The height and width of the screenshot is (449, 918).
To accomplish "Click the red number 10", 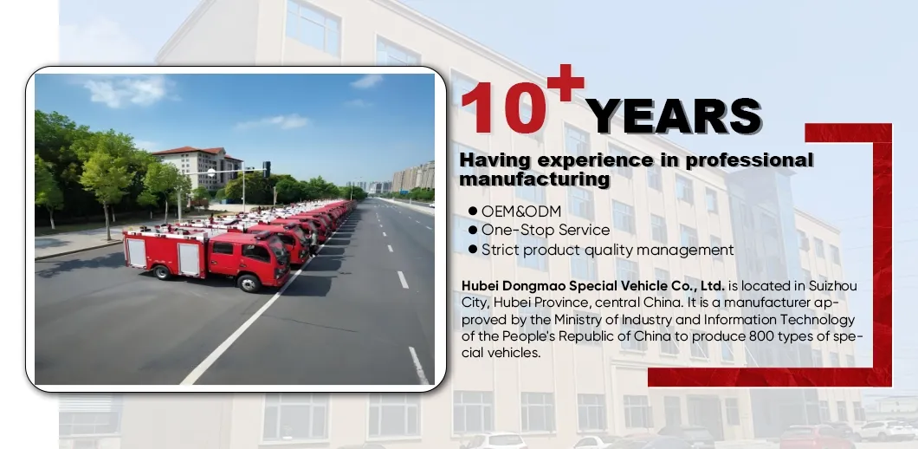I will (x=504, y=111).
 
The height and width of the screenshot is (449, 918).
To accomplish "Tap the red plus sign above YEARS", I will (x=564, y=84).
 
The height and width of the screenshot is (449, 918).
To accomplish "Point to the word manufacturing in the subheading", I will (x=534, y=179).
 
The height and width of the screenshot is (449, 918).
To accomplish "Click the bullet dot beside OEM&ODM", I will (x=473, y=211).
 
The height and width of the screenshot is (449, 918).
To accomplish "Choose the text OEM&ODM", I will (x=521, y=211).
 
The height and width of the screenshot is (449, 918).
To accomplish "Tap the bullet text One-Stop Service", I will (x=546, y=230).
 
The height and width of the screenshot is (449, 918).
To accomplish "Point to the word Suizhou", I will (x=831, y=285).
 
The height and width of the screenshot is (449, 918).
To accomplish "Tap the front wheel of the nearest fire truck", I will (x=250, y=283).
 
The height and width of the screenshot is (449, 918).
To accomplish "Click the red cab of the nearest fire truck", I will (x=245, y=256).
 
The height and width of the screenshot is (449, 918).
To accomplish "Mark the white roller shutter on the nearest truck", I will (x=190, y=257).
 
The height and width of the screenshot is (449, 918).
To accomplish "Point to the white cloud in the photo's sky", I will (x=130, y=91).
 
